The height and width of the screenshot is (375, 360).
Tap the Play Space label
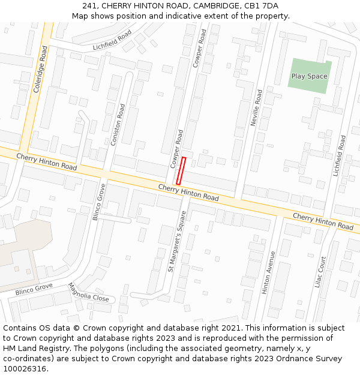(309, 76)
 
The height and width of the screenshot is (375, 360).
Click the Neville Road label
(257, 108)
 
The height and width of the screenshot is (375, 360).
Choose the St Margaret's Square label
(178, 241)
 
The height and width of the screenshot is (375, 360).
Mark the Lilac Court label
(320, 272)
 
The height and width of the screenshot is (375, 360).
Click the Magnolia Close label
(88, 293)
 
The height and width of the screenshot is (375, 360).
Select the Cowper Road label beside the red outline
(176, 149)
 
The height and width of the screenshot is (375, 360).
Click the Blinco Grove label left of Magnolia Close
(34, 289)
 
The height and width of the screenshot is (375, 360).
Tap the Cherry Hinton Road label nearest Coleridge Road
(46, 161)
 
